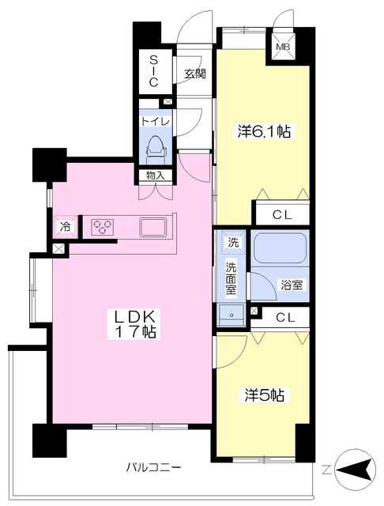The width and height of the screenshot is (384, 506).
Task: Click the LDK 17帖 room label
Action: coord(132,323)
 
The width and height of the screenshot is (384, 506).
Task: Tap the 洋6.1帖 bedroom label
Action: coord(264,131)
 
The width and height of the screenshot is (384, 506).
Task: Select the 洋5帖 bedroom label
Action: coord(264,395)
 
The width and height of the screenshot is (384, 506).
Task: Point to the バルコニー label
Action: coord(153,467)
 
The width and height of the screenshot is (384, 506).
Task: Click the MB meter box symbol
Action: coord(283,47)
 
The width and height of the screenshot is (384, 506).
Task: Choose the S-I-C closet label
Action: coord(153,71)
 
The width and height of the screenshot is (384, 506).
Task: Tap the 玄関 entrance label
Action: coord(194,74)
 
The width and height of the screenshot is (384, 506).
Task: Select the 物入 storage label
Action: coord(156,176)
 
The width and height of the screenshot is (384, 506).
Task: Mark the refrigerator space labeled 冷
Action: coord(66,227)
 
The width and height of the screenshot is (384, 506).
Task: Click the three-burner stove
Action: coord(103,225)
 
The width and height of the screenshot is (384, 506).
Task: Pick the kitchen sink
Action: coord(153,227)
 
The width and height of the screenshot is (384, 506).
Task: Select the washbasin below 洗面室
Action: coord(232,315)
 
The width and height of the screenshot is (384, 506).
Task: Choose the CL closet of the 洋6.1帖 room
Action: coord(282,215)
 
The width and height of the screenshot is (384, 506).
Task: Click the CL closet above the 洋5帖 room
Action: coord(285,318)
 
